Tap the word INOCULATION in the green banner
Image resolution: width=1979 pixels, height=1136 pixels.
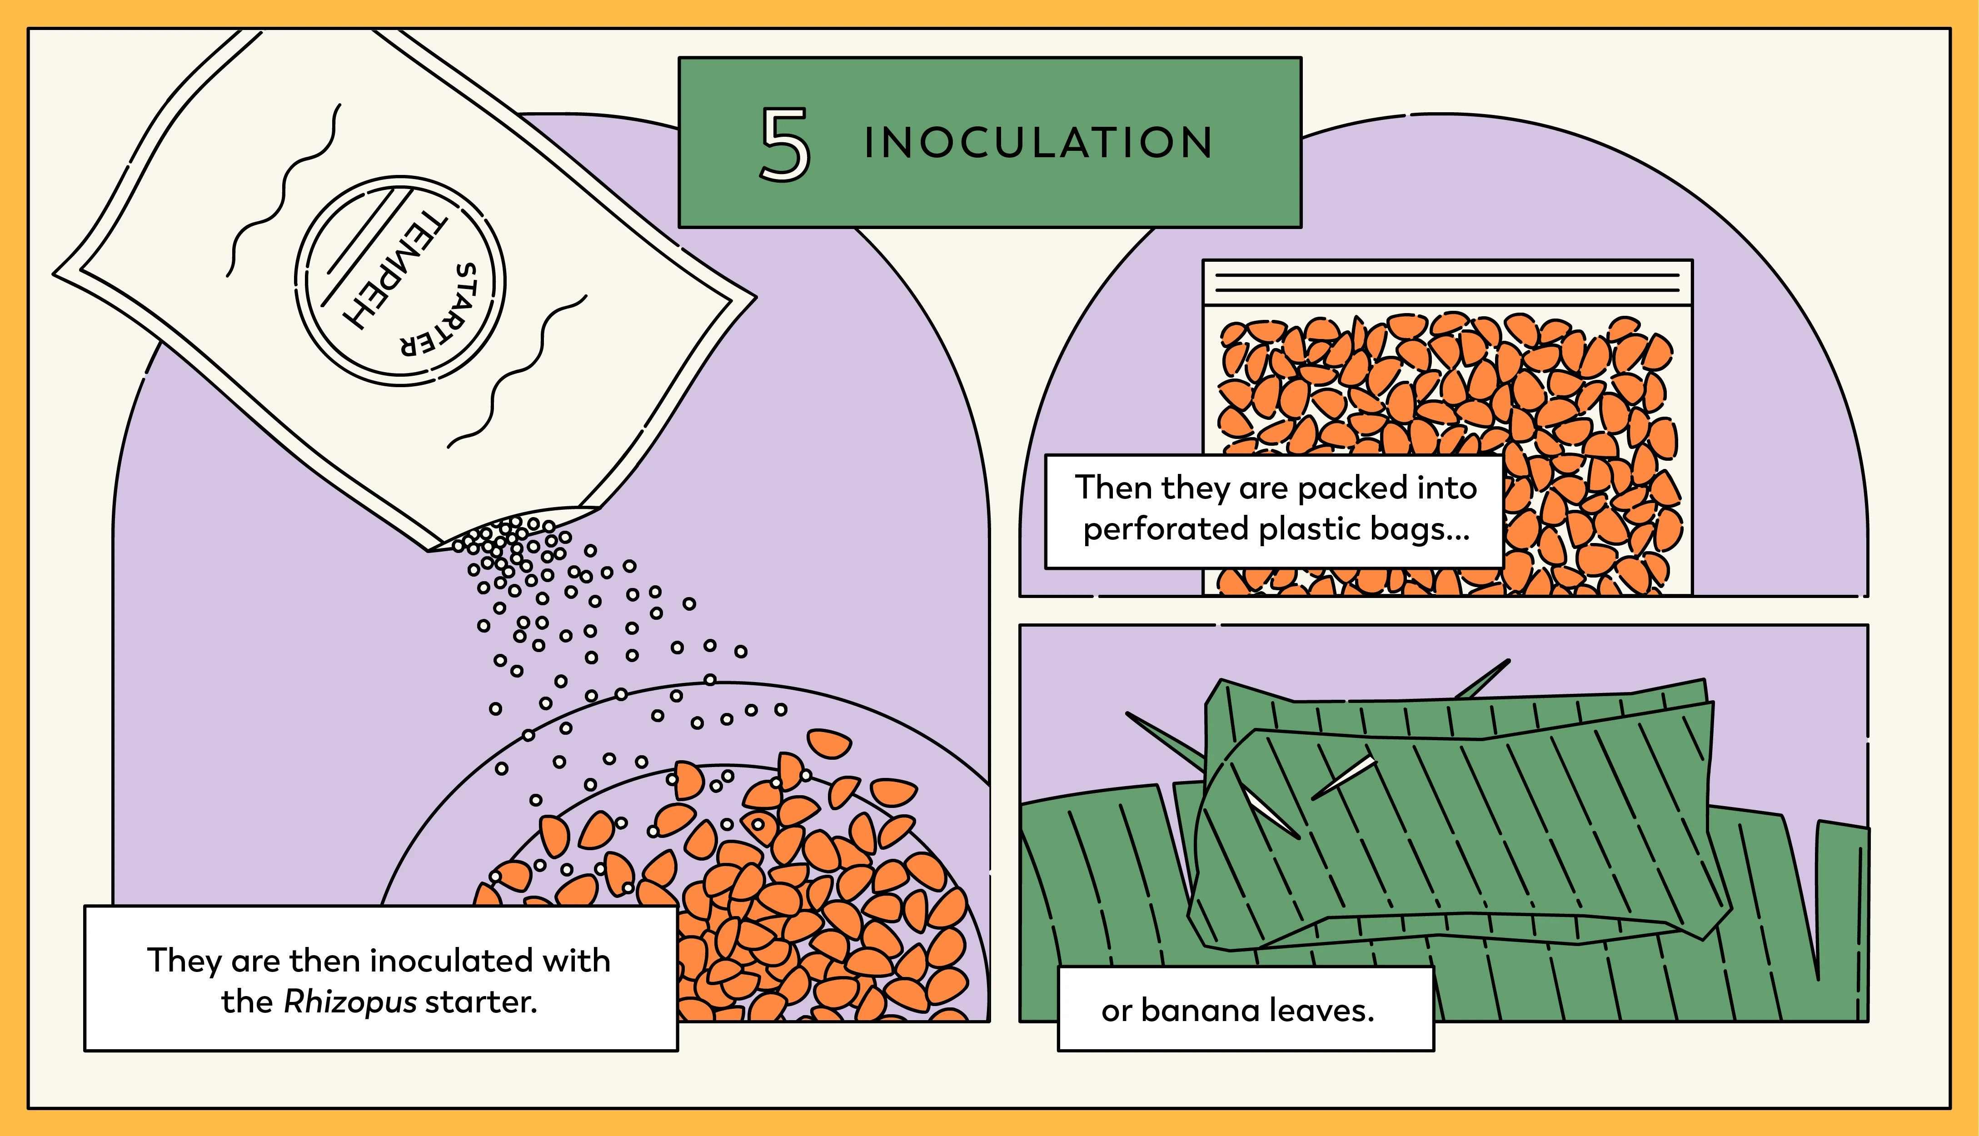[1037, 143]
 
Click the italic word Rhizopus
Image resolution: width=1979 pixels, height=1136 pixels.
[350, 1002]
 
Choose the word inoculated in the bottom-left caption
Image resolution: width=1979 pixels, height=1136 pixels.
[453, 961]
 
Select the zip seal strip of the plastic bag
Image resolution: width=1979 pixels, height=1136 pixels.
[1447, 283]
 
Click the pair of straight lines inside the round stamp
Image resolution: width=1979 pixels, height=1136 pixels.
[363, 246]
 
